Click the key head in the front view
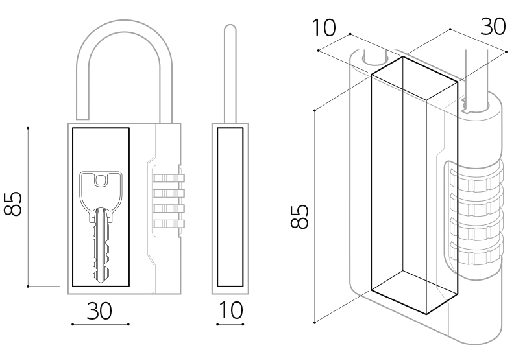pyautogui.click(x=101, y=188)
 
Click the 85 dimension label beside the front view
pyautogui.click(x=14, y=204)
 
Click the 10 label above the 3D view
pyautogui.click(x=323, y=28)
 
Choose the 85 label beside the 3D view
pyautogui.click(x=299, y=217)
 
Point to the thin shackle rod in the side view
pyautogui.click(x=228, y=71)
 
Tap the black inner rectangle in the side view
pyautogui.click(x=230, y=207)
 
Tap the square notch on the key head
pyautogui.click(x=101, y=180)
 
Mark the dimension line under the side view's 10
pyautogui.click(x=230, y=324)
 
